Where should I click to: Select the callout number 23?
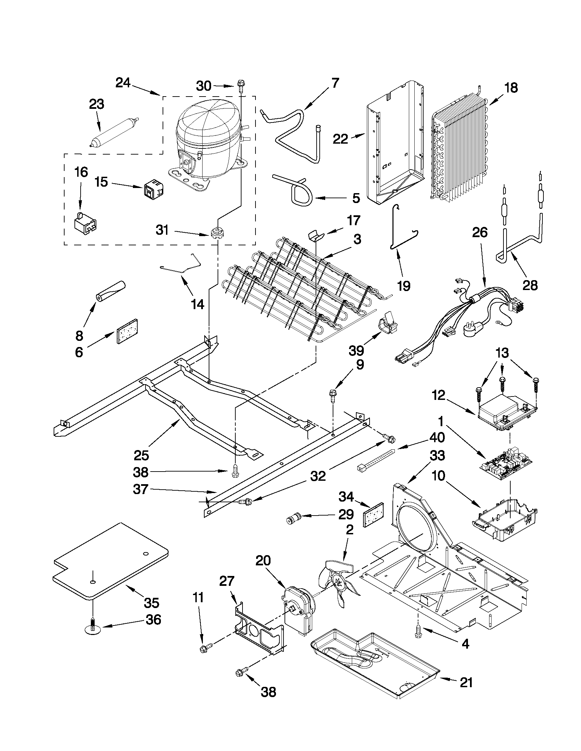click(x=96, y=104)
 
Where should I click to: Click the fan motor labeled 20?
click(x=298, y=609)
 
